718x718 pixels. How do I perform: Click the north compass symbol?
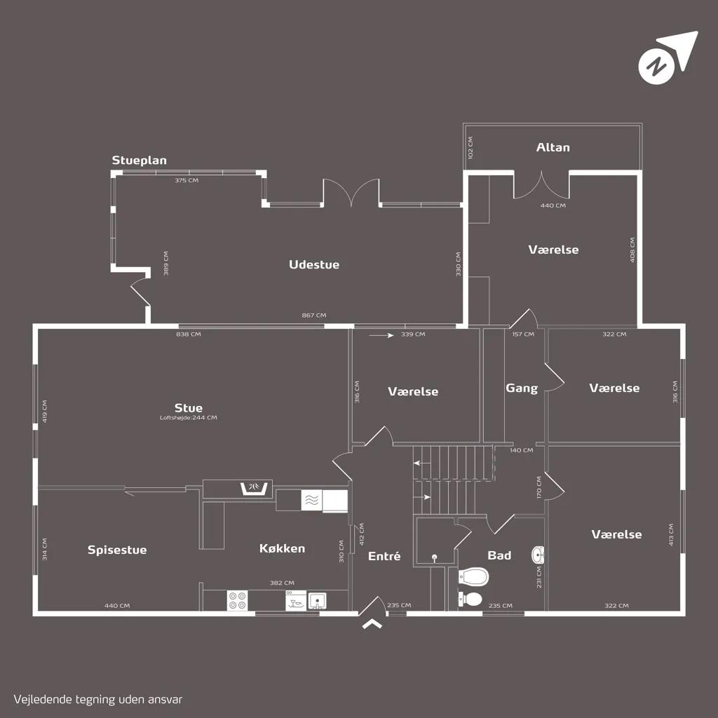668,57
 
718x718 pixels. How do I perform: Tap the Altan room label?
553,147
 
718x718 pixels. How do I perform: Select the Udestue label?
314,264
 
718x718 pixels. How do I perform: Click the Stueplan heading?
140,161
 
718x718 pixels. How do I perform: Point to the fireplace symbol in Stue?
254,488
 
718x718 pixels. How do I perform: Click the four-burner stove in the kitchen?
238,600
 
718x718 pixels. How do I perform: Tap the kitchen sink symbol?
317,601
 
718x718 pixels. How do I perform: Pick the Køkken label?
282,548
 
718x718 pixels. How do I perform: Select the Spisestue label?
117,550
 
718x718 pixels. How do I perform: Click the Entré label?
384,556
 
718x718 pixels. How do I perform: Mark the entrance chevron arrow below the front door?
372,623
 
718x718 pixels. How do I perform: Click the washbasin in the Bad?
538,555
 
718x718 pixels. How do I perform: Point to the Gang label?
522,388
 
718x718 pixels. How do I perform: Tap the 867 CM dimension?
314,315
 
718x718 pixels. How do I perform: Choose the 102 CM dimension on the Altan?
470,147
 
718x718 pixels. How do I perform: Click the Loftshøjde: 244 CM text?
188,418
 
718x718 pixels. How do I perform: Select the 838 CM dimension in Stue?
189,334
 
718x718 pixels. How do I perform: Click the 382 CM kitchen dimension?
282,583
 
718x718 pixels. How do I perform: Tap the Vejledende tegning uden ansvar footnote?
98,700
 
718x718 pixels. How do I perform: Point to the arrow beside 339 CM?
381,335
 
